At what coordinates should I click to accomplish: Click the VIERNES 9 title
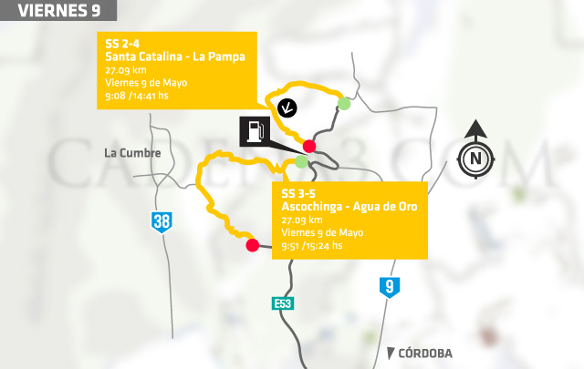tap(57, 11)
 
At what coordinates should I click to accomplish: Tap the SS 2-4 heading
tap(123, 44)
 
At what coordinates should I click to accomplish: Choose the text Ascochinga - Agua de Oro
tap(349, 207)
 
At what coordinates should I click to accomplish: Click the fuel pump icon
tap(255, 131)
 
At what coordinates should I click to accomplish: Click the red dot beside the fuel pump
tap(309, 147)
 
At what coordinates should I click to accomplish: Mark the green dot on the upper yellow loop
tap(344, 104)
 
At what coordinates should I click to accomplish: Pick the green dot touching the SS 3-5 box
tap(301, 162)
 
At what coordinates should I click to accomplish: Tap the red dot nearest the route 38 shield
tap(252, 244)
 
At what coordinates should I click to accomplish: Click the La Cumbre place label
tap(132, 153)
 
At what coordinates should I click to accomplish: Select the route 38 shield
tap(162, 222)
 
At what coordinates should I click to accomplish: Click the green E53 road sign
tap(283, 303)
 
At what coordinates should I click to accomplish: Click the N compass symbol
tap(474, 159)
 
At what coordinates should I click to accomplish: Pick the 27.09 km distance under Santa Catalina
tap(125, 69)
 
